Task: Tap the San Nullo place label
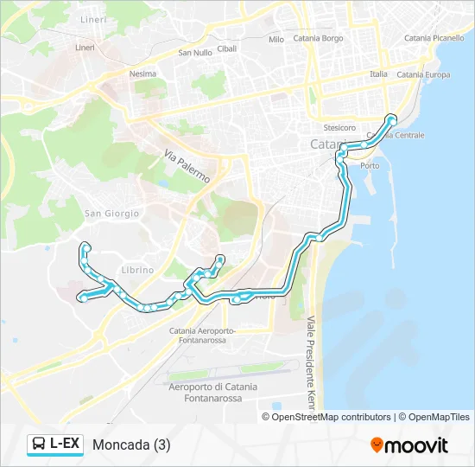pyautogui.click(x=195, y=52)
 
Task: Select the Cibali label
pyautogui.click(x=227, y=48)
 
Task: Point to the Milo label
pyautogui.click(x=276, y=40)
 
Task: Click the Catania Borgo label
pyautogui.click(x=318, y=38)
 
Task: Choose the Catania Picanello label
pyautogui.click(x=434, y=38)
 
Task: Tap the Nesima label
pyautogui.click(x=142, y=74)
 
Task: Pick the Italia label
pyautogui.click(x=378, y=74)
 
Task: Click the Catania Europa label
pyautogui.click(x=423, y=74)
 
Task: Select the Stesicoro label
pyautogui.click(x=339, y=127)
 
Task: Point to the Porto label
pyautogui.click(x=370, y=165)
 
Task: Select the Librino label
pyautogui.click(x=137, y=270)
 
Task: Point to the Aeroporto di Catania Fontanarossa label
pyautogui.click(x=212, y=392)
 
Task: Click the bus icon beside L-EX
pyautogui.click(x=39, y=445)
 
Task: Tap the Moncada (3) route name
pyautogui.click(x=130, y=445)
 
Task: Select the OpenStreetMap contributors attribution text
pyautogui.click(x=330, y=417)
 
